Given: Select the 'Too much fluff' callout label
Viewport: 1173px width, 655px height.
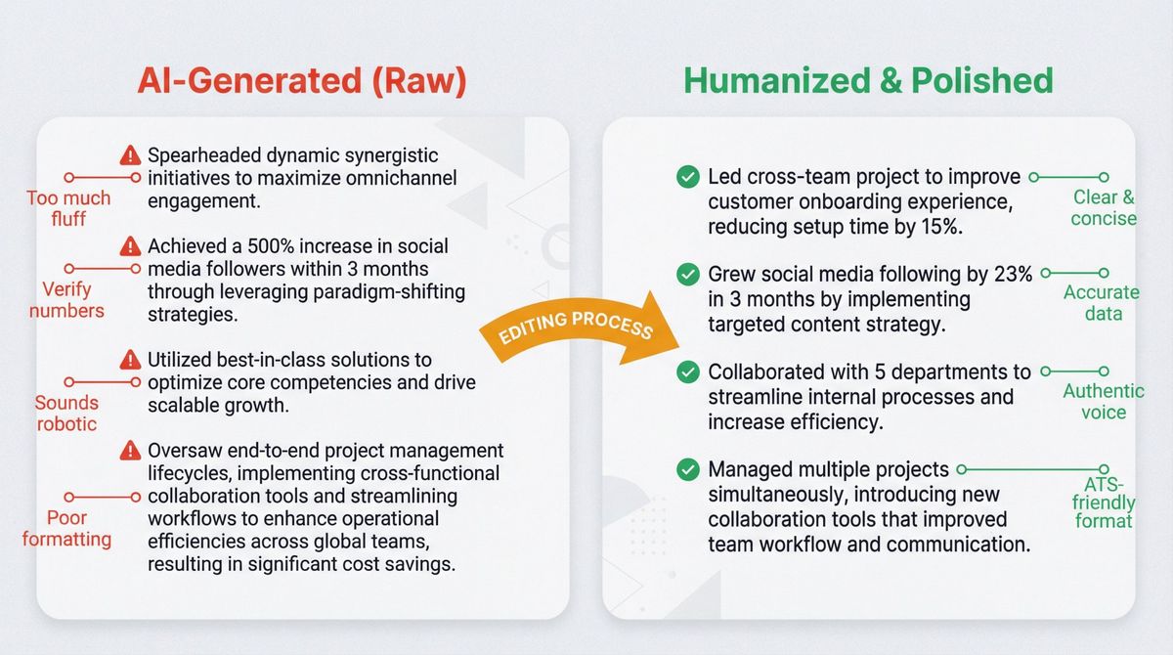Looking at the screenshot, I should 68,208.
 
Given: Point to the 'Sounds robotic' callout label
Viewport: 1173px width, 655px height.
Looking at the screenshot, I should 66,413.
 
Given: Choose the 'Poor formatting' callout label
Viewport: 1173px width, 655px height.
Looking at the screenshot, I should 66,528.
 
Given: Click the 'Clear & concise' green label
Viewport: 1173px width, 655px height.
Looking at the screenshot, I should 1103,207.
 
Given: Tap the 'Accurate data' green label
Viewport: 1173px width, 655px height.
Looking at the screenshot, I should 1102,302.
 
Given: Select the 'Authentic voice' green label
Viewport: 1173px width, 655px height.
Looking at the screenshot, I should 1103,401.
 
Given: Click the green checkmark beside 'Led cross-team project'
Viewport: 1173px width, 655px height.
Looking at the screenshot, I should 688,177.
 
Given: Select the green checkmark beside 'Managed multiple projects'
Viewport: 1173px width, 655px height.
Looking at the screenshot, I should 688,469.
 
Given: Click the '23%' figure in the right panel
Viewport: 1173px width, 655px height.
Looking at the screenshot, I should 1011,275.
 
